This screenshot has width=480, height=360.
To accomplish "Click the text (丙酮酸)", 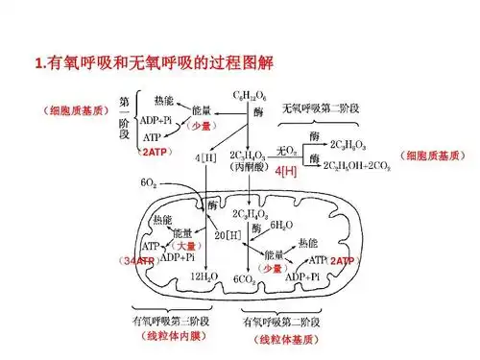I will coord(252,166).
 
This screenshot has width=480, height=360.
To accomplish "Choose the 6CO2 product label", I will coord(247,278).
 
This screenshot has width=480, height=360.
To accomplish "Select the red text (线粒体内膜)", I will coord(168,338).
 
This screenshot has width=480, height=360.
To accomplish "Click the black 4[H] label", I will coord(204,156).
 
